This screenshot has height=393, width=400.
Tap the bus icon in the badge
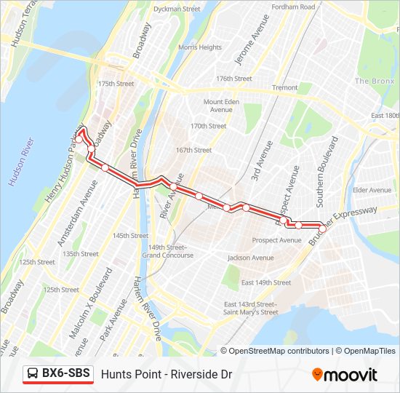(x=33, y=373)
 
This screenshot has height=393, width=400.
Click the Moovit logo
(x=345, y=375)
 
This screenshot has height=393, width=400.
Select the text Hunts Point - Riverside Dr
(x=167, y=374)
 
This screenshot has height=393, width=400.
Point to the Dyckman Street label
(x=177, y=9)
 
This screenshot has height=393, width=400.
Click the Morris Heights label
(x=200, y=47)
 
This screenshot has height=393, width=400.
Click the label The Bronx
(x=374, y=81)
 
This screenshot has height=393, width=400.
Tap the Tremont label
(x=284, y=87)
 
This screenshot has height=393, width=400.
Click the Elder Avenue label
(x=372, y=190)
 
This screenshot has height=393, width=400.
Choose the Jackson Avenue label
(x=250, y=258)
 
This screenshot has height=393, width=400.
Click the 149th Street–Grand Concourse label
(x=167, y=251)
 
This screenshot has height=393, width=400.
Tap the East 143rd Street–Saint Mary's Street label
(x=250, y=308)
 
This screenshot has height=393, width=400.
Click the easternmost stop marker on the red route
(x=322, y=229)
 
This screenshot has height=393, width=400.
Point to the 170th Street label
(x=209, y=126)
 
